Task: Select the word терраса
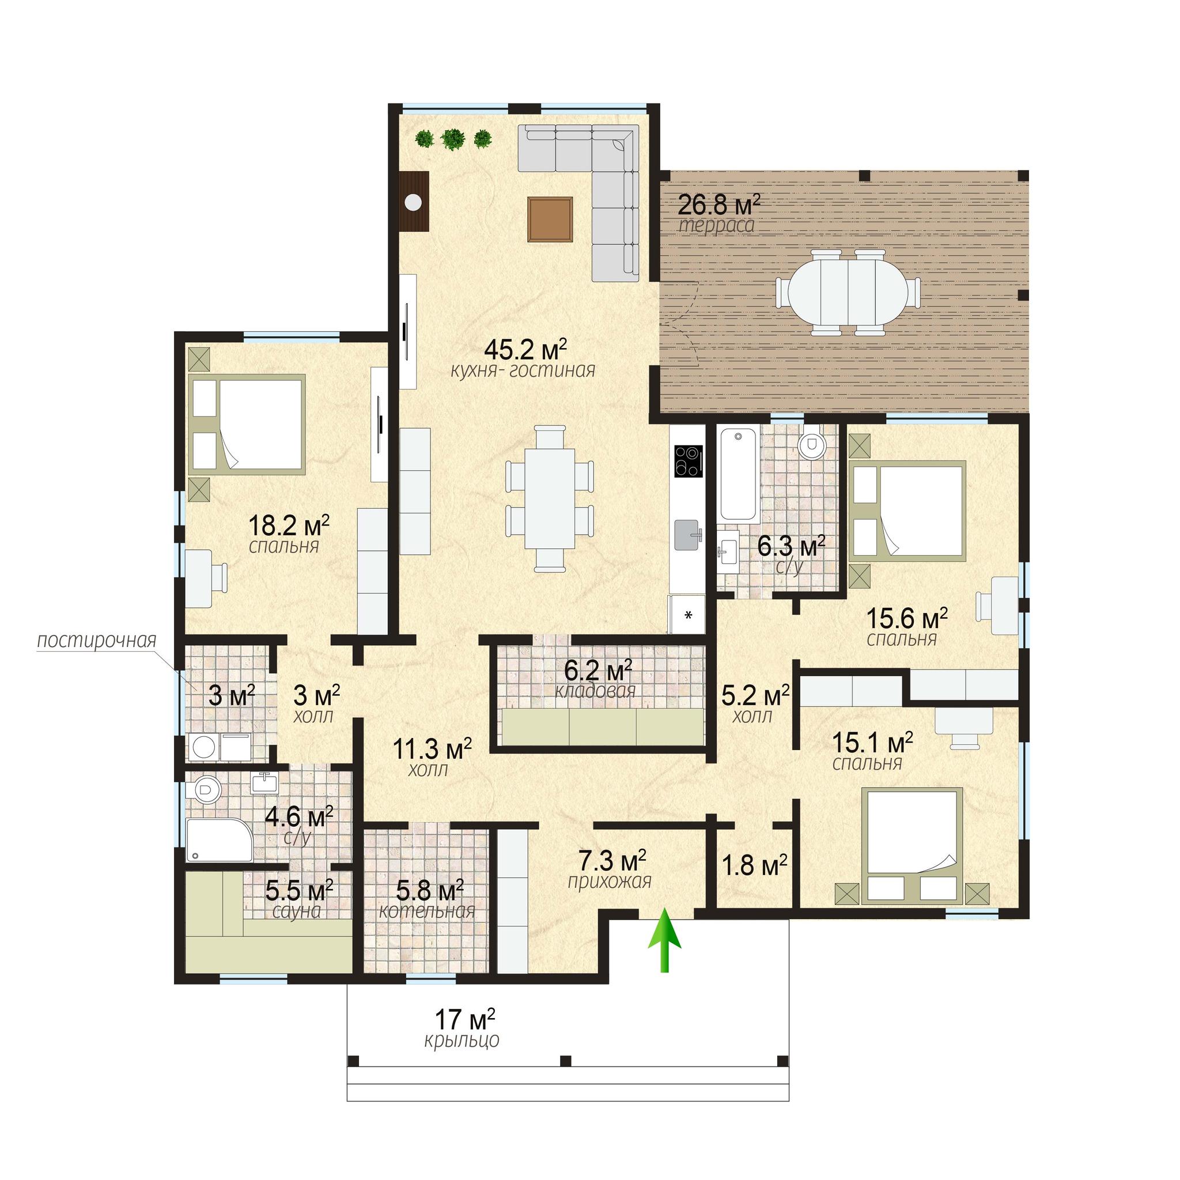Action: tap(716, 225)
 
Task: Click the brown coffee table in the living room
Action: tap(551, 220)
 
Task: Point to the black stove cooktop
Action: tap(689, 461)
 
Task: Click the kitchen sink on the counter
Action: tap(690, 535)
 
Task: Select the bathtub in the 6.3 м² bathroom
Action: tap(739, 474)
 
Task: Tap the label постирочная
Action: tap(96, 641)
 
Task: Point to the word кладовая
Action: tap(596, 691)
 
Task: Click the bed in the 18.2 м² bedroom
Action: tap(247, 425)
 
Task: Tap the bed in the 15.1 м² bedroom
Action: tap(912, 846)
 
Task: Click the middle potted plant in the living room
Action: tap(452, 139)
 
